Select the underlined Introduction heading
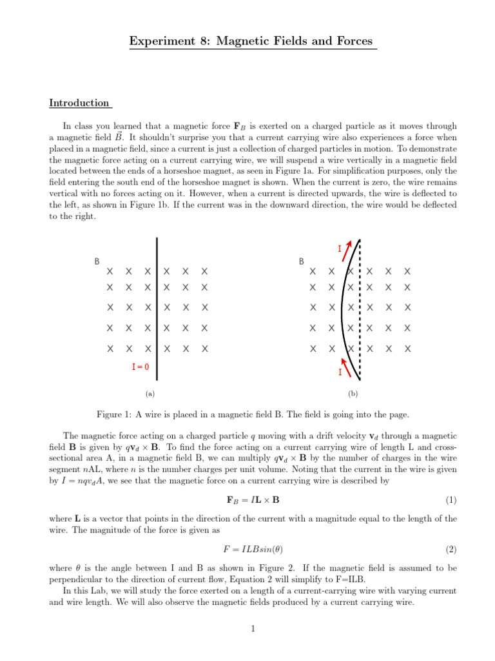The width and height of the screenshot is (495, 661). [x=79, y=103]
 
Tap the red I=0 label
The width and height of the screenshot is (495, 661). [x=140, y=367]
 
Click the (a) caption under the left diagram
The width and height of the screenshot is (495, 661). [x=150, y=393]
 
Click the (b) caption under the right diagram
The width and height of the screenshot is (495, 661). [x=353, y=393]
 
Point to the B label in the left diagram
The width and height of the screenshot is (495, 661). [x=97, y=261]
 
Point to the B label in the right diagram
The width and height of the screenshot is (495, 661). [x=301, y=261]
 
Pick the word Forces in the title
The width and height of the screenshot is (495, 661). [x=352, y=41]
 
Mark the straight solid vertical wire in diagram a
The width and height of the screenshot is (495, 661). [x=157, y=310]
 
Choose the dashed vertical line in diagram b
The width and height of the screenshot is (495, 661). [x=359, y=310]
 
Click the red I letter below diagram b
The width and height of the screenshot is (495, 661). [x=340, y=373]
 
